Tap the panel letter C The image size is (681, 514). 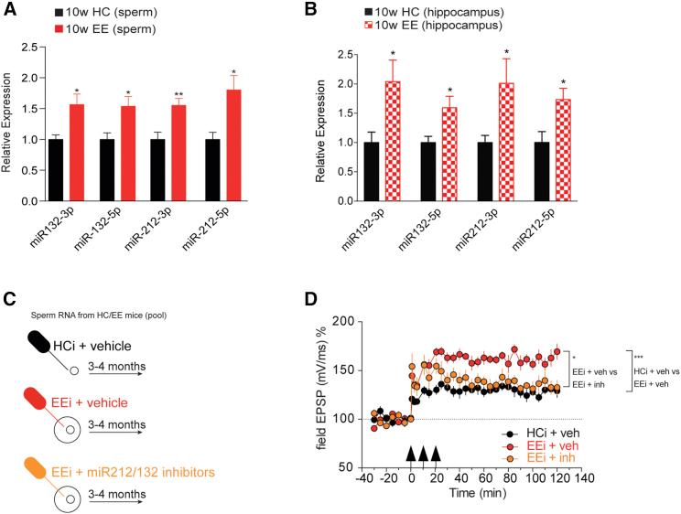pos(8,297)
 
